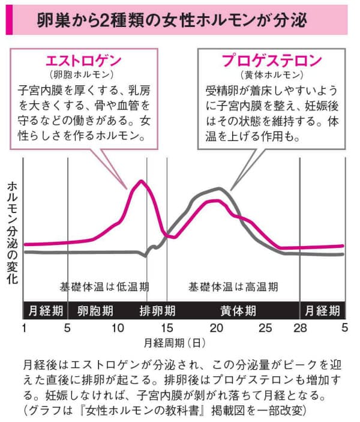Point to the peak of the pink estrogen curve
[x=142, y=181]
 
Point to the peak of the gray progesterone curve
[x=220, y=188]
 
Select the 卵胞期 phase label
[x=95, y=311]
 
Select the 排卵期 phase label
[x=157, y=311]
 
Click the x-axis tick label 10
[x=118, y=328]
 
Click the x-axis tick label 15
[x=167, y=328]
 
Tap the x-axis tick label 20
[x=216, y=328]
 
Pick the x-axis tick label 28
[x=300, y=328]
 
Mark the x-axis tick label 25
[x=265, y=328]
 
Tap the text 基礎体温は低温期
[x=105, y=286]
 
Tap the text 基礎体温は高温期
[x=233, y=286]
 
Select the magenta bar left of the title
[x=7, y=20]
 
